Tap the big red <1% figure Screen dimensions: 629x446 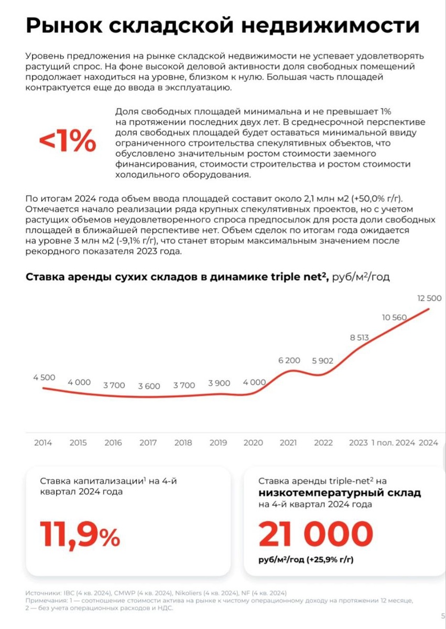[68, 142]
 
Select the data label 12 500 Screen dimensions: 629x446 [428, 298]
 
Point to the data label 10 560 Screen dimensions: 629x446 [395, 317]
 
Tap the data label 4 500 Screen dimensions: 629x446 [44, 377]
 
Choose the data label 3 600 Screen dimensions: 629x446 [149, 386]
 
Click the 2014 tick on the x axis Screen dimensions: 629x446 [43, 442]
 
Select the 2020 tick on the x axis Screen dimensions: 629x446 [253, 442]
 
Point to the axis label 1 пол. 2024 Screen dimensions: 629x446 [393, 442]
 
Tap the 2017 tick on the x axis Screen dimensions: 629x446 [148, 442]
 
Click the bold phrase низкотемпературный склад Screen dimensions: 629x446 [340, 493]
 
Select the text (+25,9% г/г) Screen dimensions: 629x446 [330, 560]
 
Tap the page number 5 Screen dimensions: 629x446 [443, 616]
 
